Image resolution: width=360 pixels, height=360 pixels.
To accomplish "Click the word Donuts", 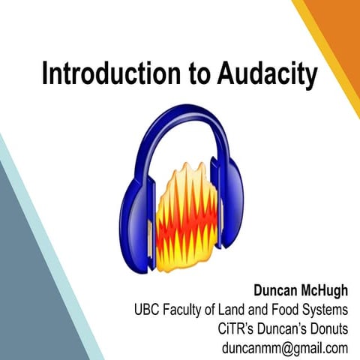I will [x=326, y=328].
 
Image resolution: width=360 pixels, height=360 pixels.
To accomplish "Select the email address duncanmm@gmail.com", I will [x=286, y=348].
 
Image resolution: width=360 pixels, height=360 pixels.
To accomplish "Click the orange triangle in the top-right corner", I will [x=341, y=30].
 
